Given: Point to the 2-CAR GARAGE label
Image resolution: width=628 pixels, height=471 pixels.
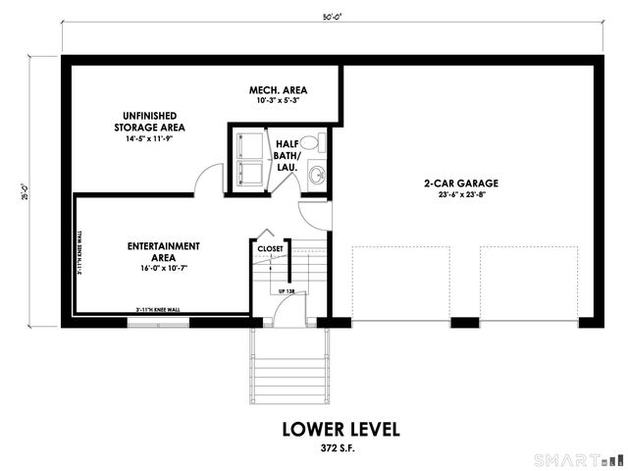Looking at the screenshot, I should click(x=461, y=183).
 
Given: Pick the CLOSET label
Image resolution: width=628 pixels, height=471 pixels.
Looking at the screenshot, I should click(x=270, y=249).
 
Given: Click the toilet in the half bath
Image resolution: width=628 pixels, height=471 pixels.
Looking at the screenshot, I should click(x=309, y=143).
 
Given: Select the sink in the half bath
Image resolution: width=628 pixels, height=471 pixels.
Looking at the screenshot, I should click(x=316, y=176).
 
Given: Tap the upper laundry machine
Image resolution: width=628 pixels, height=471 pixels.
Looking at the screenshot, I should click(x=247, y=144).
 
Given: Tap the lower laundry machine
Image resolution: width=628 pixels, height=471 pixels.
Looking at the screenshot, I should click(x=247, y=174).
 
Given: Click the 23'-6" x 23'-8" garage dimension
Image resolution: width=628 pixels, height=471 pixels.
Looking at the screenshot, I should click(x=461, y=195).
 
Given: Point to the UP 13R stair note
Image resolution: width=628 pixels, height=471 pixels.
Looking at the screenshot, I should click(x=287, y=291).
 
